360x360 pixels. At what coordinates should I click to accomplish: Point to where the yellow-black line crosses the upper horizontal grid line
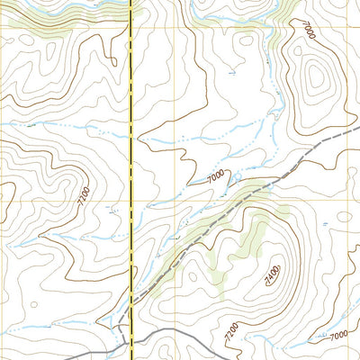pyautogui.click(x=133, y=34)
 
